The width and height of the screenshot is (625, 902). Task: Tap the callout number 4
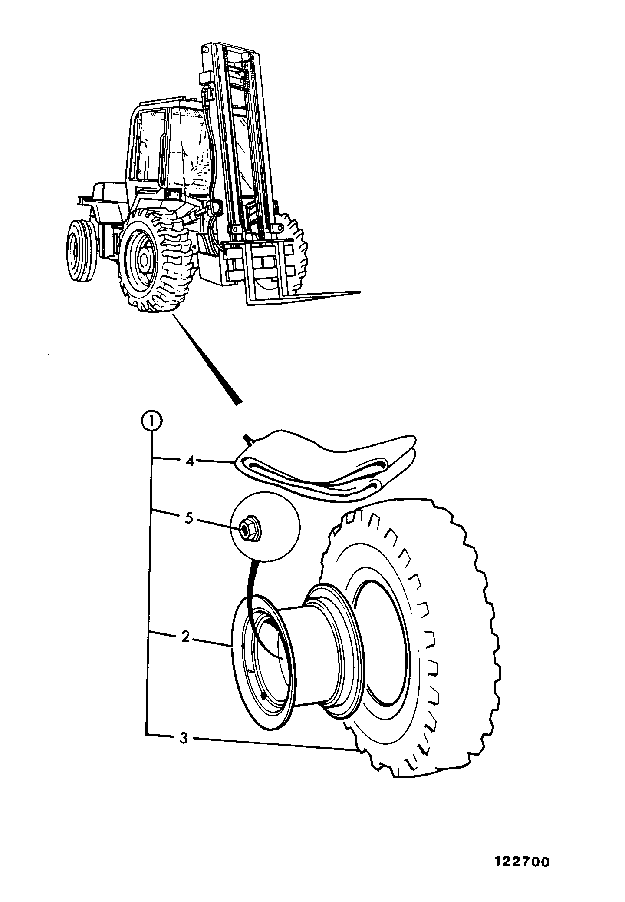click(189, 461)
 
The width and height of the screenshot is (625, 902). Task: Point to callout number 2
click(185, 637)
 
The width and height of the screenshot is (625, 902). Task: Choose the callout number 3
click(184, 738)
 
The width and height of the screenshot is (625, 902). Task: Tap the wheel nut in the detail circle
click(249, 529)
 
